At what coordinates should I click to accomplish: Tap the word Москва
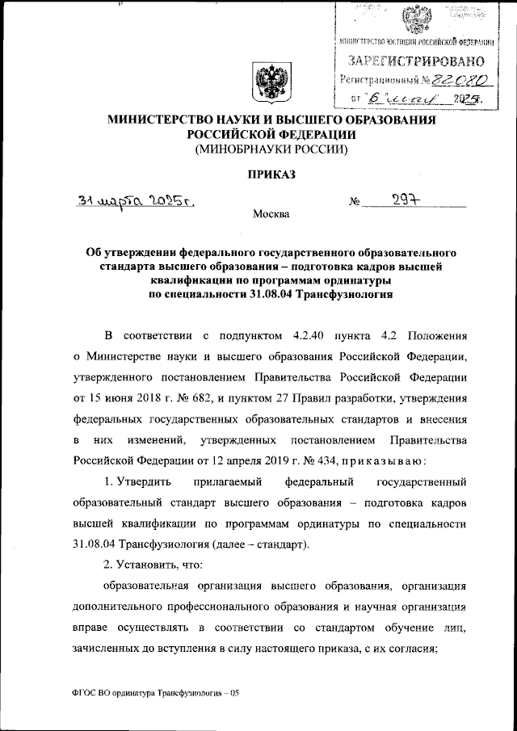[270, 215]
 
